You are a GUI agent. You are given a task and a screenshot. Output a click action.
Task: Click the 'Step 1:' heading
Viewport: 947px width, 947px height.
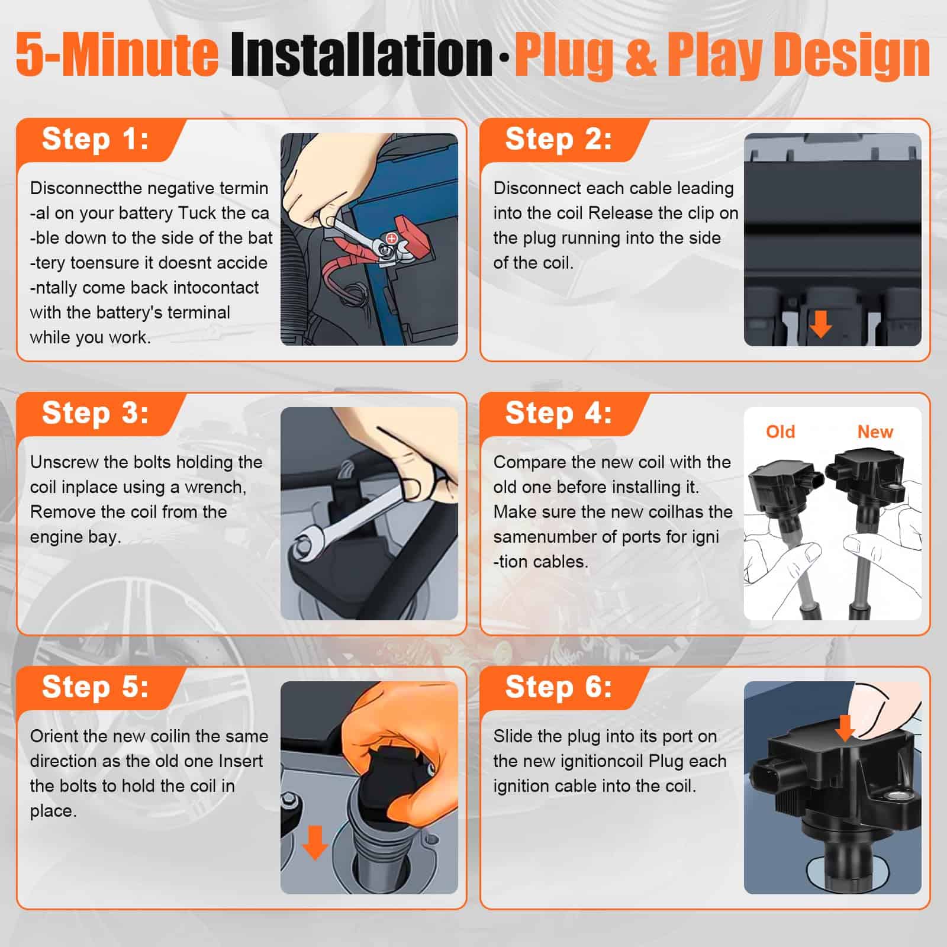pyautogui.click(x=95, y=140)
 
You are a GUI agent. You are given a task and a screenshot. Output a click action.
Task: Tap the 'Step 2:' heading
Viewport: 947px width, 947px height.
pyautogui.click(x=559, y=140)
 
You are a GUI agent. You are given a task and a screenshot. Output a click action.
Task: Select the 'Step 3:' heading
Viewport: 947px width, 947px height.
pyautogui.click(x=95, y=413)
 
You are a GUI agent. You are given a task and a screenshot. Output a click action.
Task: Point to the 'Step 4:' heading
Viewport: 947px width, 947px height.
pyautogui.click(x=559, y=413)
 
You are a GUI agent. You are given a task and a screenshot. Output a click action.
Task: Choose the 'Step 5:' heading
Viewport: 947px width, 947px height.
pyautogui.click(x=95, y=687)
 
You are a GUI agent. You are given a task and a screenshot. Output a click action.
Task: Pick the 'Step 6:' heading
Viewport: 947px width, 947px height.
pyautogui.click(x=559, y=687)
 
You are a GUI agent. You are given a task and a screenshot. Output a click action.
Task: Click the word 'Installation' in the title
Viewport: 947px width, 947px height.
pyautogui.click(x=362, y=55)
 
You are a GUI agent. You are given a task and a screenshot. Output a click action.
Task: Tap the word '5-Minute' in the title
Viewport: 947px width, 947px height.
pyautogui.click(x=117, y=55)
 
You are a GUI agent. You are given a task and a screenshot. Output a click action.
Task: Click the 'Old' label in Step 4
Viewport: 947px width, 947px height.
pyautogui.click(x=781, y=431)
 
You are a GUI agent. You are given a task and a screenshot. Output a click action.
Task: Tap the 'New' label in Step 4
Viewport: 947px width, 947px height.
pyautogui.click(x=875, y=431)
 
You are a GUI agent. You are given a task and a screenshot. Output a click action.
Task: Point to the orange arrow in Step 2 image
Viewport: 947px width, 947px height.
pyautogui.click(x=820, y=324)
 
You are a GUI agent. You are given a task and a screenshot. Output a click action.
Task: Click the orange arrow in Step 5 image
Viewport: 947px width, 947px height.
pyautogui.click(x=315, y=843)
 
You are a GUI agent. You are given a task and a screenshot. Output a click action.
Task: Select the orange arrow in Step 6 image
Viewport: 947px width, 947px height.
pyautogui.click(x=845, y=728)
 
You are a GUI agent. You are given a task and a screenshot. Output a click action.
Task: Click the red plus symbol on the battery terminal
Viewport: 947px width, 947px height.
pyautogui.click(x=391, y=238)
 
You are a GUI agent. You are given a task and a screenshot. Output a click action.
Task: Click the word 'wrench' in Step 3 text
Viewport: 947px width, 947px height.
pyautogui.click(x=215, y=487)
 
